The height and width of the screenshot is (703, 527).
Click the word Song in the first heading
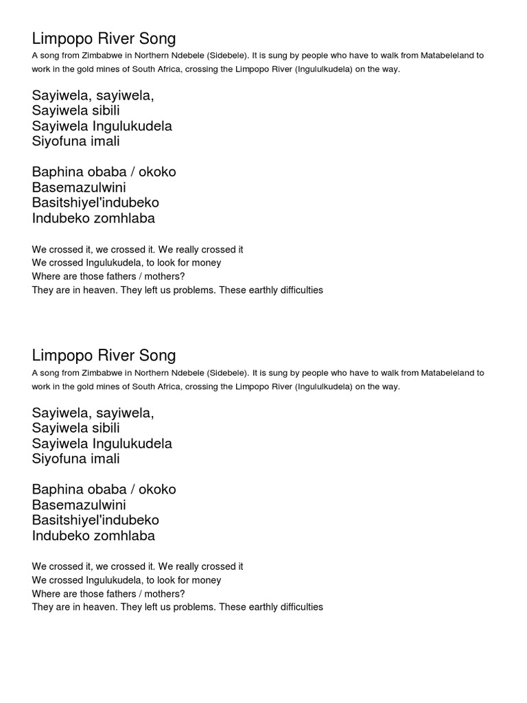(x=157, y=39)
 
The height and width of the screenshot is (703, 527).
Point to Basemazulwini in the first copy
(x=79, y=187)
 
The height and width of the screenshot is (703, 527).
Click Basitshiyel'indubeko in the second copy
(x=95, y=520)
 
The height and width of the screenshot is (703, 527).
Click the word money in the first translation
(x=207, y=263)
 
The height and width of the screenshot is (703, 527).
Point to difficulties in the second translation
(x=296, y=607)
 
